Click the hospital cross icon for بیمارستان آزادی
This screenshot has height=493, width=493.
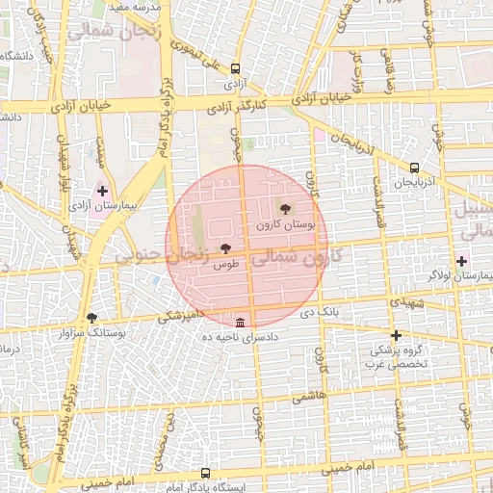(103, 192)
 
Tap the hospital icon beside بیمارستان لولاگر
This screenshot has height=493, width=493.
(462, 261)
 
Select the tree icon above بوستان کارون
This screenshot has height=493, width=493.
(285, 209)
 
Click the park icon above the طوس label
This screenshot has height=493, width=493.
(225, 248)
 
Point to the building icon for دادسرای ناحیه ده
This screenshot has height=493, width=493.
(240, 322)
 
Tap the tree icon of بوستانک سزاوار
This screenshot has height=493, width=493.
(91, 317)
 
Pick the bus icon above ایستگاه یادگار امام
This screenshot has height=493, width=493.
(205, 473)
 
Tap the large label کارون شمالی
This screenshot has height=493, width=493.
(301, 257)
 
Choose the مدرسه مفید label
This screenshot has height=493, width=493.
(131, 6)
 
